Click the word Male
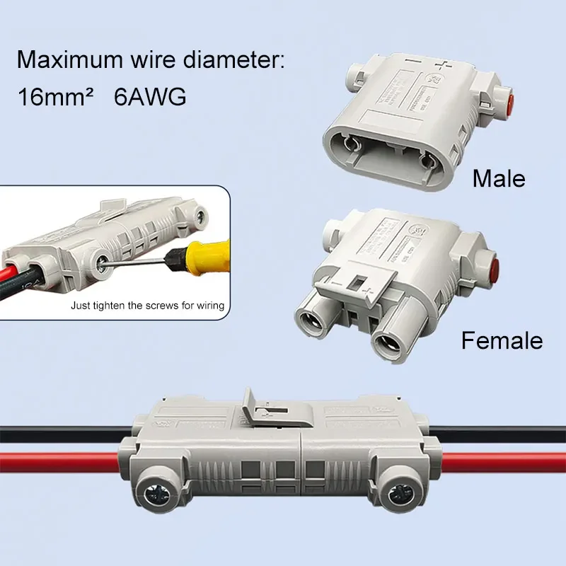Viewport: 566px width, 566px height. (x=499, y=178)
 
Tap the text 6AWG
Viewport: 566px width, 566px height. (x=149, y=97)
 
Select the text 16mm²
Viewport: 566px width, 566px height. (x=55, y=97)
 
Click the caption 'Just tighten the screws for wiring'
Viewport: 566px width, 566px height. (x=147, y=306)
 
